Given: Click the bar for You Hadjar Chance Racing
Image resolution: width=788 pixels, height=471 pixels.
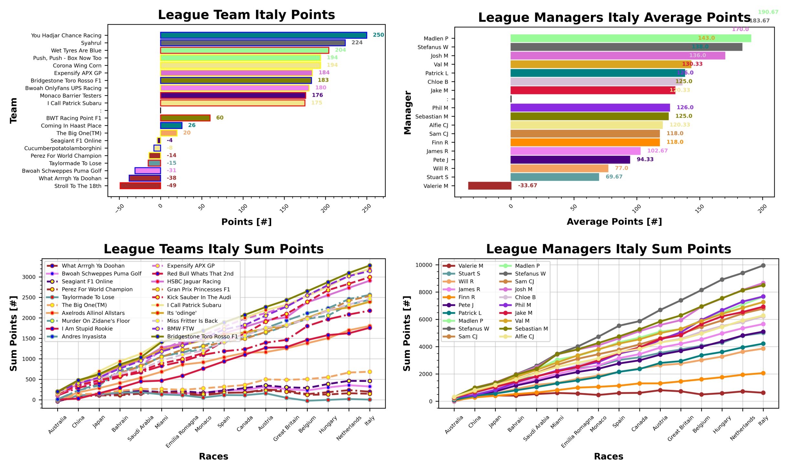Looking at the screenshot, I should click(x=263, y=35).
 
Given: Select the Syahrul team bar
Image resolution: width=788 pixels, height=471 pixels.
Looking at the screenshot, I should click(x=252, y=43).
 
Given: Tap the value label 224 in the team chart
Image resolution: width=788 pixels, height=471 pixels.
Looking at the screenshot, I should click(x=357, y=42).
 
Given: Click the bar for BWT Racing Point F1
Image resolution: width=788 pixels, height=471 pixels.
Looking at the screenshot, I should click(x=185, y=118).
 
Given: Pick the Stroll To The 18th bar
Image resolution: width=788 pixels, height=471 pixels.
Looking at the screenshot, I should click(x=140, y=186).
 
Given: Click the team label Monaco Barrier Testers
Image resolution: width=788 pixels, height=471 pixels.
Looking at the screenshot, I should click(x=70, y=96).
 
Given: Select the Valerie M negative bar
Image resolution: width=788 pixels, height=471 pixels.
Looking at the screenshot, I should click(x=489, y=186).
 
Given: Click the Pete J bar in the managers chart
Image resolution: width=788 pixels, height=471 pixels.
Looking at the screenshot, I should click(x=570, y=160).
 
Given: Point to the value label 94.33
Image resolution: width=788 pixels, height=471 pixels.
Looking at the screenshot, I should click(x=645, y=159).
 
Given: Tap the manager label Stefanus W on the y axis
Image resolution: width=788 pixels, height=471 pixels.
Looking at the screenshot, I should click(x=432, y=47).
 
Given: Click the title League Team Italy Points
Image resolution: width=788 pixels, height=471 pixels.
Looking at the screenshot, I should click(x=246, y=15).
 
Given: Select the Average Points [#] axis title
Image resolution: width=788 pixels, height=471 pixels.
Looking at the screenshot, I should click(x=614, y=222).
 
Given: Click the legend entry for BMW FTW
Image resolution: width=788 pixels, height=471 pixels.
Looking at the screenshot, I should click(x=180, y=329).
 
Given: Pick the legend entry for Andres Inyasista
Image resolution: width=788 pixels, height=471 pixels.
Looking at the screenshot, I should click(x=84, y=336).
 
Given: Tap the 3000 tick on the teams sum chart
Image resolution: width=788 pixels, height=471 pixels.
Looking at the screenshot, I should click(x=29, y=277).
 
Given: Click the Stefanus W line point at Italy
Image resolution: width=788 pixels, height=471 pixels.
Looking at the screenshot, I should click(x=763, y=266).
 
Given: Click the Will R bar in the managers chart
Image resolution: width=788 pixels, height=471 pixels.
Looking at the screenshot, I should click(x=559, y=168).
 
